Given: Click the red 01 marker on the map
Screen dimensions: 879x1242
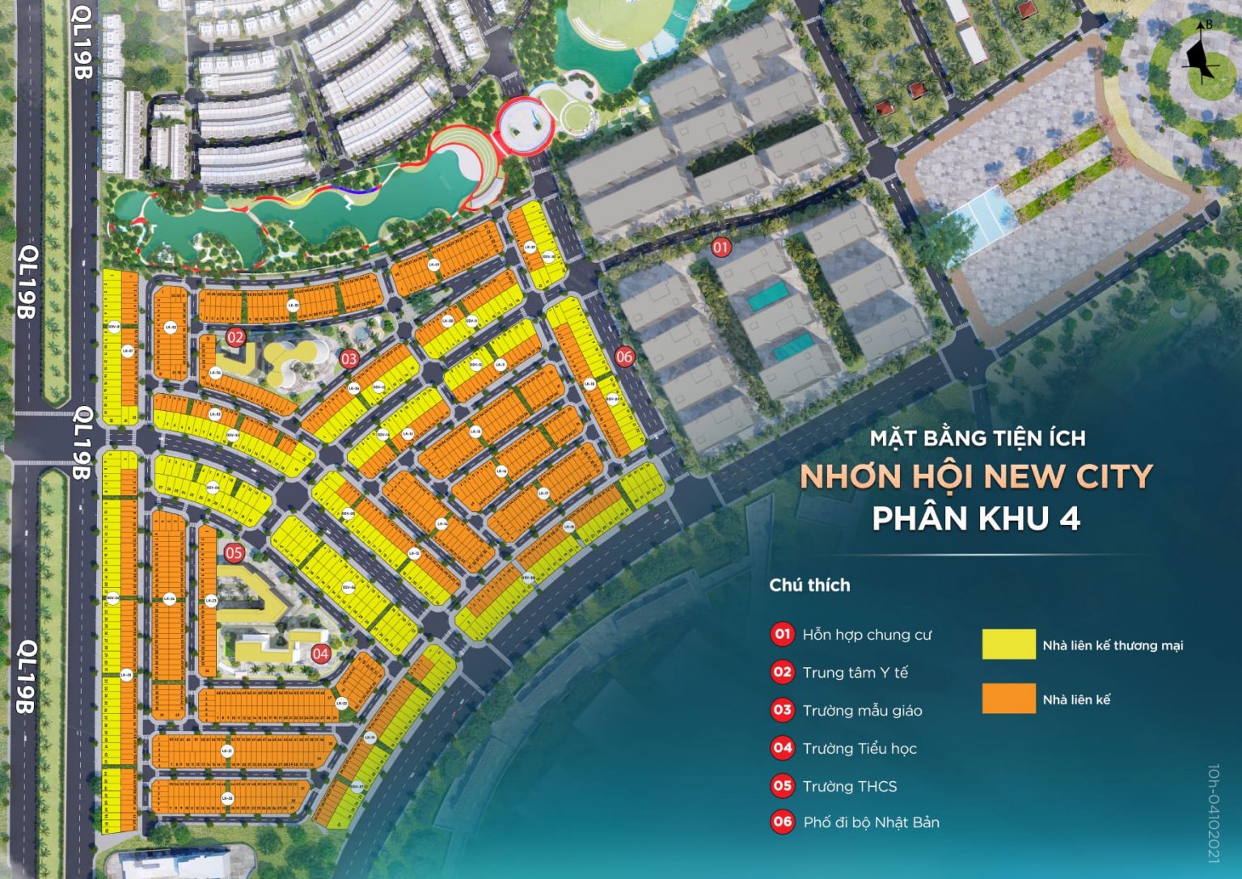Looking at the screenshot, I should pos(720,247).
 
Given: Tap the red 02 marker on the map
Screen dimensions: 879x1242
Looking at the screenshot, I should pos(235,337).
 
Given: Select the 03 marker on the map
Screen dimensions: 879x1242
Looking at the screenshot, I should pos(349,359).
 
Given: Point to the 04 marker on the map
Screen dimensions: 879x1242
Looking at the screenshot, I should pos(321,653).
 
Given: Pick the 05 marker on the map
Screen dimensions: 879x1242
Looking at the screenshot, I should pos(234,554).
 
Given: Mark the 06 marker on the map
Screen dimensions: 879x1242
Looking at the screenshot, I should pos(624,356).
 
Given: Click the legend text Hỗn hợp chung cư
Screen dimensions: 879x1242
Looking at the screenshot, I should pos(867,635).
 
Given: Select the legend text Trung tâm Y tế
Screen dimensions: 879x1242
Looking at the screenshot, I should pos(855,673).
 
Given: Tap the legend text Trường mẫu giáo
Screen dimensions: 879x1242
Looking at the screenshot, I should pos(862,711).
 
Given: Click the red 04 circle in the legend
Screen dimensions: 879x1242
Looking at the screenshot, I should pos(782,748).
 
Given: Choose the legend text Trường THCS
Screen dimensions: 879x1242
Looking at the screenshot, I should pos(850,786).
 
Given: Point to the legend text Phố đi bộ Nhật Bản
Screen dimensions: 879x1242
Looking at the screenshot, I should pos(871,822).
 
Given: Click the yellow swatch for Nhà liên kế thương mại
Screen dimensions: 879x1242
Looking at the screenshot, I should pos(1008,644).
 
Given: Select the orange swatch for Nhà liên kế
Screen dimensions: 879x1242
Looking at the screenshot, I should pos(1008,699).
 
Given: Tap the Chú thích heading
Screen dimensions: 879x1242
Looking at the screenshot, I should pos(809,585).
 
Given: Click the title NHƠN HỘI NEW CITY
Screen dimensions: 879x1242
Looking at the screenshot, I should pos(976,477).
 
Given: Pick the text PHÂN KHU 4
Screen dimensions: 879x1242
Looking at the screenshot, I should pos(976,518).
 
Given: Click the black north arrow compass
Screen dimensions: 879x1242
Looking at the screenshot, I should pos(1201,53).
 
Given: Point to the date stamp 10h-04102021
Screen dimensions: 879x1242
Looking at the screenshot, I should pos(1213,813).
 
